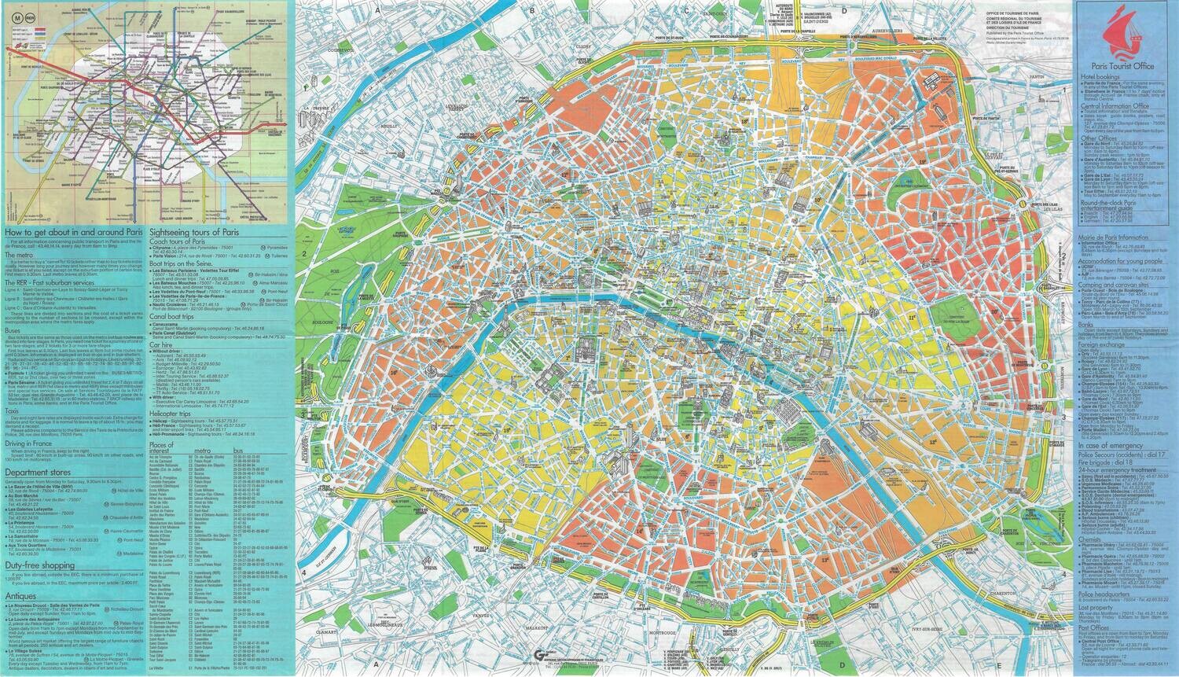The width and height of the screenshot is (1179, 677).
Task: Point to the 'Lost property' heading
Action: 1094,608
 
